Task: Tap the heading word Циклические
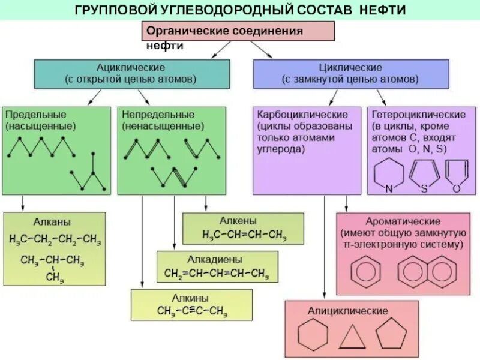pyautogui.click(x=350, y=67)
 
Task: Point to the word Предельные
pyautogui.click(x=35, y=114)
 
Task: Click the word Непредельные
pyautogui.click(x=158, y=114)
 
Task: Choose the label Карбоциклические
pyautogui.click(x=302, y=114)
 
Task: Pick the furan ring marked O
pyautogui.click(x=457, y=173)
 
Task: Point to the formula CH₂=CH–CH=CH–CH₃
pyautogui.click(x=217, y=274)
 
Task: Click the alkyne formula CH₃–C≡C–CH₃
pyautogui.click(x=192, y=311)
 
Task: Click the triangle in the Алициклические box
pyautogui.click(x=352, y=337)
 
